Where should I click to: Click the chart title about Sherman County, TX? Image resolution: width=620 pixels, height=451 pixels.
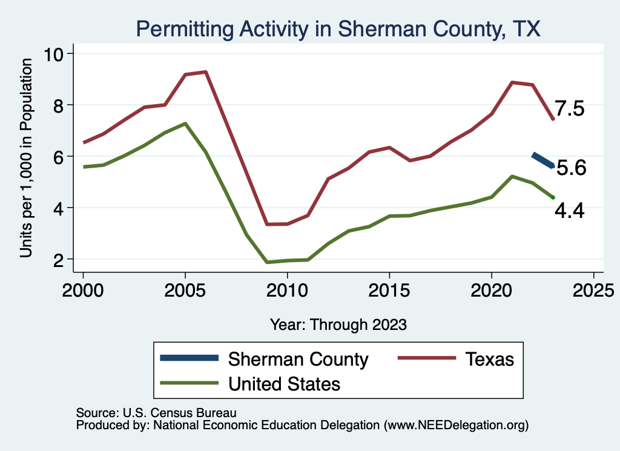(338, 28)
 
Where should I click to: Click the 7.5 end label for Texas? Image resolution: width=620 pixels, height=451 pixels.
(570, 110)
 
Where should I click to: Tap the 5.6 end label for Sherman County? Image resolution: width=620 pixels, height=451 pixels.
(571, 168)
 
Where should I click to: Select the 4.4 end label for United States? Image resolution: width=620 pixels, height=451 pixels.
(570, 211)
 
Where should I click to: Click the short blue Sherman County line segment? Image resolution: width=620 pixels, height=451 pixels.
(542, 160)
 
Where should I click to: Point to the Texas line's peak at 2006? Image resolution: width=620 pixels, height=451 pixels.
(206, 72)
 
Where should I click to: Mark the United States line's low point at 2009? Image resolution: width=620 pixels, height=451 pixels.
(266, 262)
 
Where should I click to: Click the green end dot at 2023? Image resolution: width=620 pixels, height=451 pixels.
(553, 197)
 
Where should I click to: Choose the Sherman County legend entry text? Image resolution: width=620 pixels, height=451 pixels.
(298, 359)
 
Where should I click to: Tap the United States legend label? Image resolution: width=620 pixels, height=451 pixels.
(284, 383)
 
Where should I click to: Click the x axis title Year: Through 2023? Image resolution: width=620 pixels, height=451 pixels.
(338, 324)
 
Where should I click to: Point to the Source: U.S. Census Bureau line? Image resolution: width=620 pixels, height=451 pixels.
(156, 413)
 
